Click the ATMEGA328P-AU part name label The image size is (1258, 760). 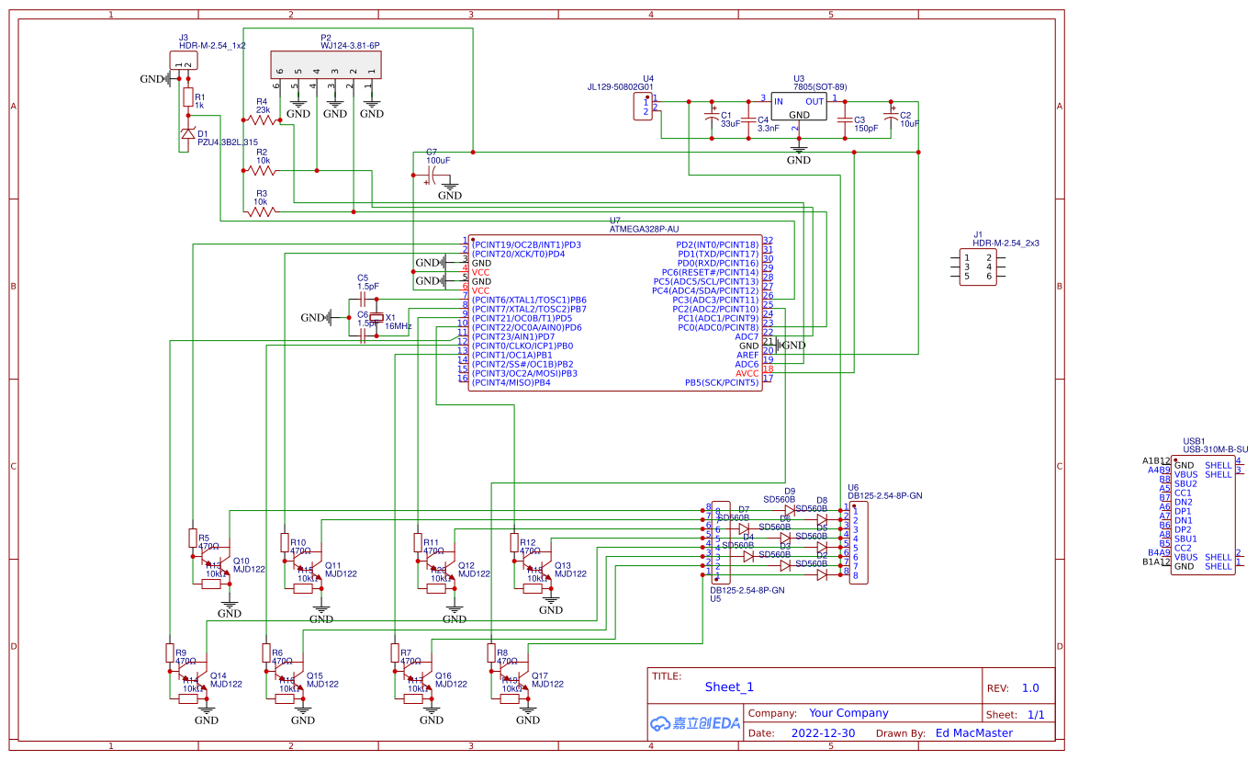[644, 229]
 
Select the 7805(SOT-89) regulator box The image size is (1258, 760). [799, 108]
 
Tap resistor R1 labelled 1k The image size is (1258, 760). [188, 97]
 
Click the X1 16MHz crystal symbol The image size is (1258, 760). [376, 319]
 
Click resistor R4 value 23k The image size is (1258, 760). [263, 110]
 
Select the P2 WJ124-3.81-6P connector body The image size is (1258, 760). [325, 64]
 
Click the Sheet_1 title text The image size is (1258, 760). [729, 686]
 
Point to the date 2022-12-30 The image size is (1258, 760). [823, 733]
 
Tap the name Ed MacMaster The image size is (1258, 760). [973, 733]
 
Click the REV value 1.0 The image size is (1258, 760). [1030, 687]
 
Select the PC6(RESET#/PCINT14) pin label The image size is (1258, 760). [711, 272]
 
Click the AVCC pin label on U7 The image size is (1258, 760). [747, 373]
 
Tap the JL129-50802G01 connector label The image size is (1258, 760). [620, 87]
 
